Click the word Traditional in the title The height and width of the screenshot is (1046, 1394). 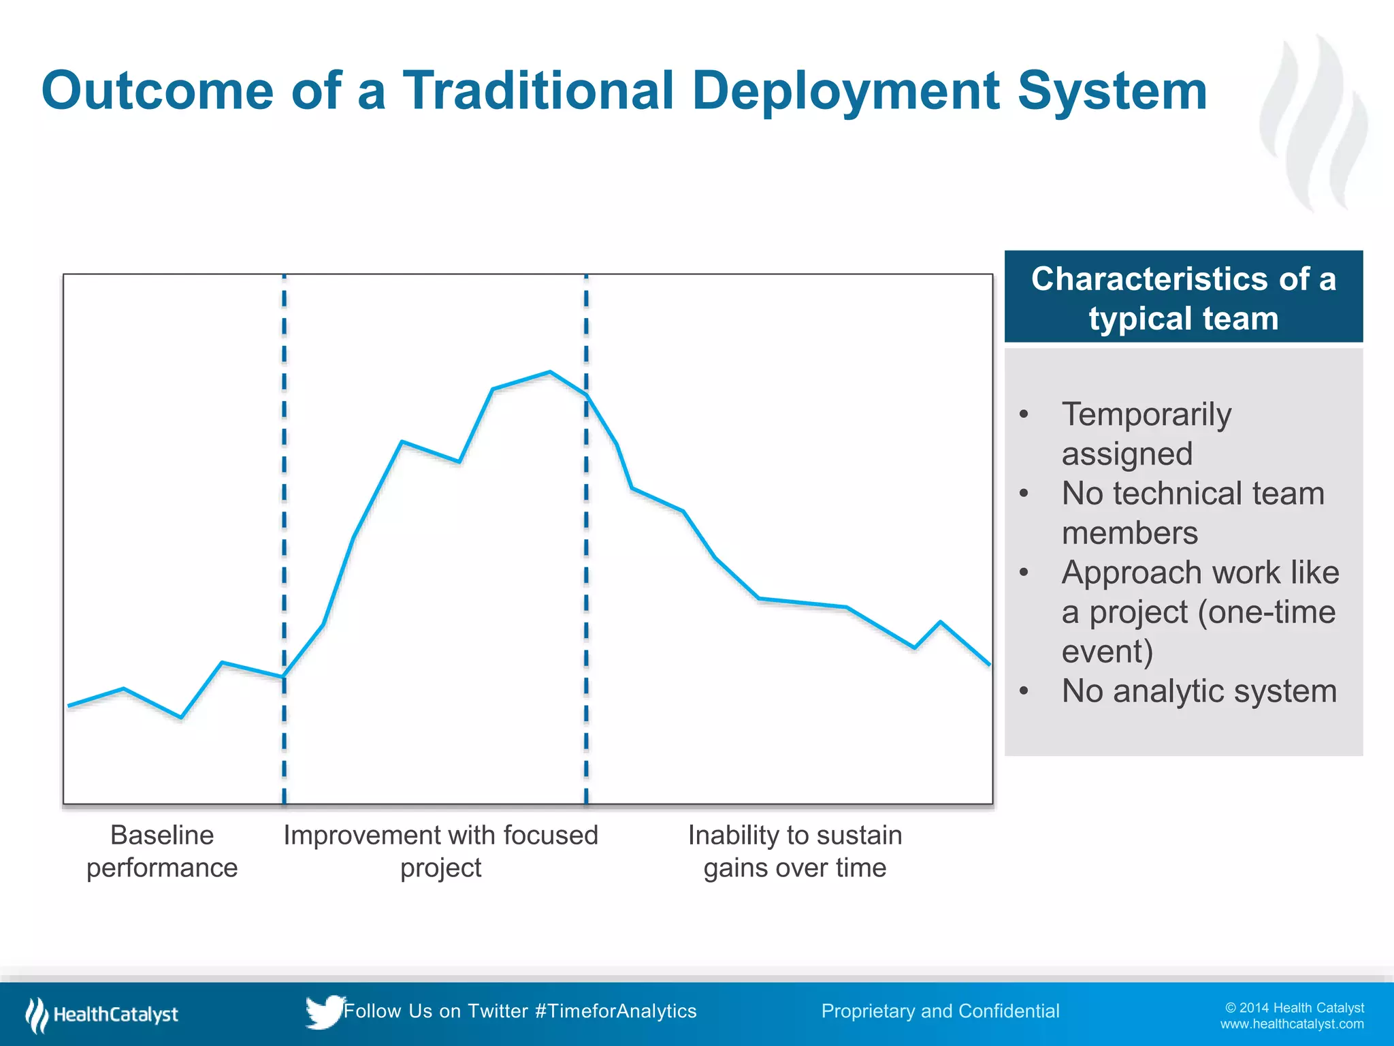[538, 91]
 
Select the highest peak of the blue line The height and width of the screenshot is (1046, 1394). [550, 372]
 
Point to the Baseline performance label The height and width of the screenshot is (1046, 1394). [162, 851]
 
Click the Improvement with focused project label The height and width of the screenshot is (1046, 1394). [440, 851]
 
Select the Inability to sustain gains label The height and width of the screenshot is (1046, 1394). [794, 851]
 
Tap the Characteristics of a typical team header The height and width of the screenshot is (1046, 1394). [1183, 298]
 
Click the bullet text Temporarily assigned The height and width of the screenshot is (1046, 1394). [1146, 434]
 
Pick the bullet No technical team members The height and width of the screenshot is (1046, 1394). [1193, 513]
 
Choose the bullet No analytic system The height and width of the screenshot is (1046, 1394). [1199, 691]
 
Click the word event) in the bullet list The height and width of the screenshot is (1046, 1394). [1107, 652]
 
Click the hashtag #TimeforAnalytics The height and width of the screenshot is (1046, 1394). [616, 1011]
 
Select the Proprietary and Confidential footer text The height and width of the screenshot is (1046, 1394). [940, 1011]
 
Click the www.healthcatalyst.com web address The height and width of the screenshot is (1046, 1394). [1291, 1024]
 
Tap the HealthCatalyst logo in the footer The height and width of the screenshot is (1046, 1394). [102, 1015]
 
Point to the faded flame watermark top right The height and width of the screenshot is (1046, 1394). [1314, 123]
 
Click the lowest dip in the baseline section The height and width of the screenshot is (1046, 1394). [181, 717]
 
